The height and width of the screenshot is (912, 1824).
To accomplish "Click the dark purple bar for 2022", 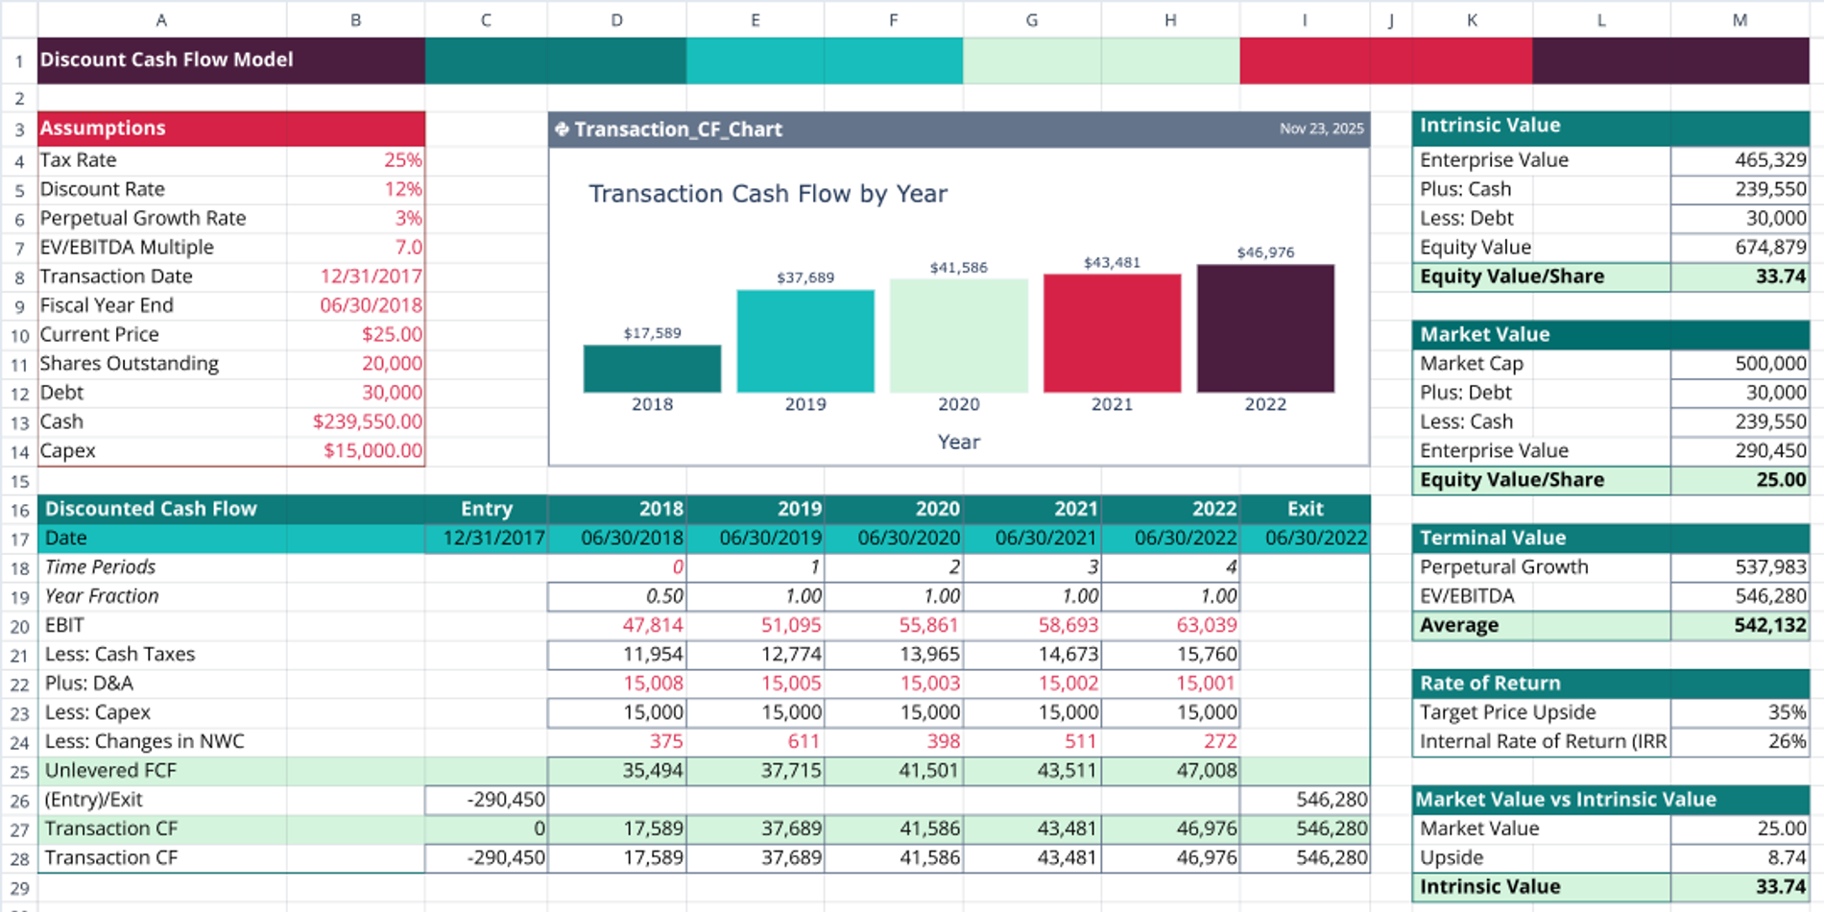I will (x=1264, y=328).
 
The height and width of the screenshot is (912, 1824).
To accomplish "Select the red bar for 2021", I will (x=1112, y=333).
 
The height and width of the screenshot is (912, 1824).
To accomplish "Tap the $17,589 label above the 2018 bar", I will (x=652, y=333).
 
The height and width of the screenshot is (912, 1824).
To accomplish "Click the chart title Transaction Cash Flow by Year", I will (x=767, y=194).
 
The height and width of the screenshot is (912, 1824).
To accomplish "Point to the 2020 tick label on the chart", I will (x=958, y=404).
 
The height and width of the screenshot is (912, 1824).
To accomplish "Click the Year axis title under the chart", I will (x=958, y=442).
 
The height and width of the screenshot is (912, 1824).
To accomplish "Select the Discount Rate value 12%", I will (x=402, y=189).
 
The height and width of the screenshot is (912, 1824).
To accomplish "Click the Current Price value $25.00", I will (x=392, y=334).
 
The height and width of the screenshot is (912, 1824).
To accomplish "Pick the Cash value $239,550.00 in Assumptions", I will (x=367, y=421).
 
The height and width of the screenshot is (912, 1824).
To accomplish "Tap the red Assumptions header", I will (x=230, y=128).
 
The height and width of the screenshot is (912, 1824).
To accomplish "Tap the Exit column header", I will (x=1304, y=509).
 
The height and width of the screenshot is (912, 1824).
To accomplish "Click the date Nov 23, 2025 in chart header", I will (x=1320, y=129).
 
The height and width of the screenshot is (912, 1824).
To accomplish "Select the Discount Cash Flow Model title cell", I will (x=166, y=60).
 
